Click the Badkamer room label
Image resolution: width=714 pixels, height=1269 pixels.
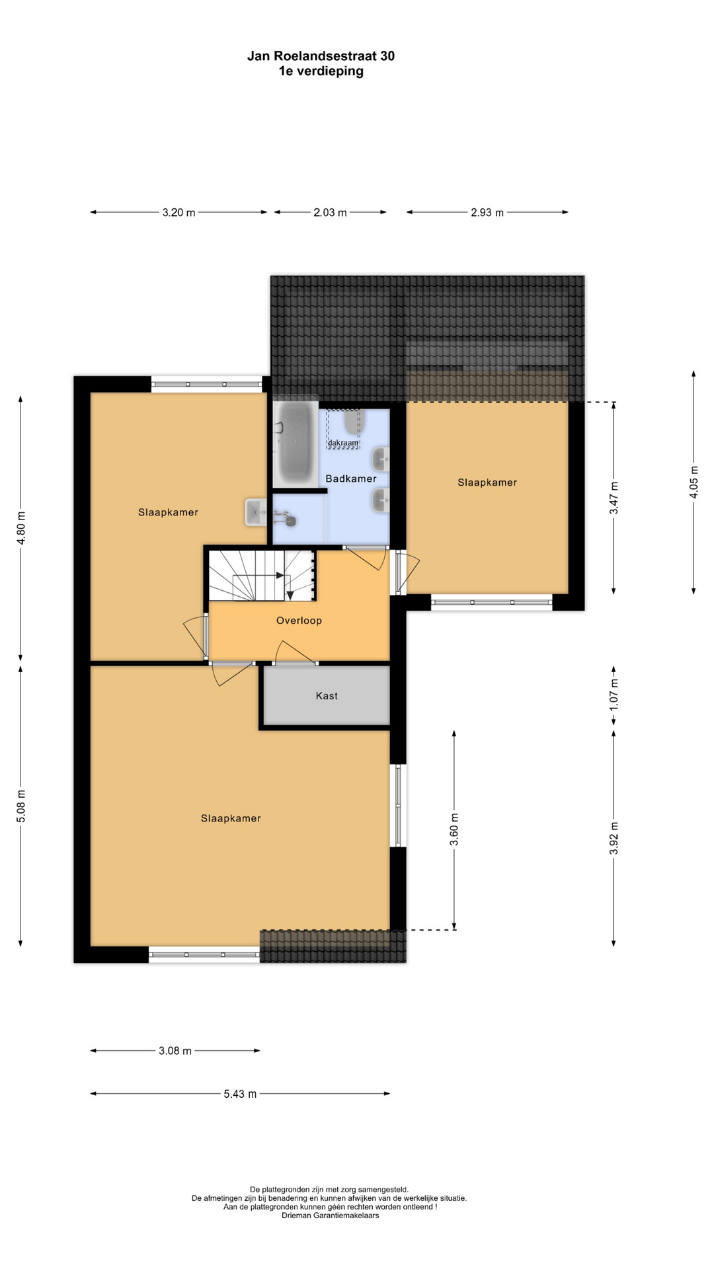point(351,479)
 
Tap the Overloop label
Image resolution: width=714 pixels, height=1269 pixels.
point(299,621)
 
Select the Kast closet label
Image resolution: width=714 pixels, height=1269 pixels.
point(327,695)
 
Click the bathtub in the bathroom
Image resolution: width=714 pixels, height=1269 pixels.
point(296,443)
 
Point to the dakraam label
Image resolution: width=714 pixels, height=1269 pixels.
point(343,443)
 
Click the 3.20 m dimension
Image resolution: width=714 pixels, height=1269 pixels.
point(178,213)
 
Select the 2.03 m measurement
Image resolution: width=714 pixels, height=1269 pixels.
point(330,213)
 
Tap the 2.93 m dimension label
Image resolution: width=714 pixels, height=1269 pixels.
point(487,213)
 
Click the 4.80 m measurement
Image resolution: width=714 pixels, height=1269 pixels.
point(21,529)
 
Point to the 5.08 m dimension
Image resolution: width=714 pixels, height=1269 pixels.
point(21,806)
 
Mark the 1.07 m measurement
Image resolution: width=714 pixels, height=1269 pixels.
point(614,695)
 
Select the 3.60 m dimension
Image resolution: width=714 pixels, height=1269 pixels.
point(454,829)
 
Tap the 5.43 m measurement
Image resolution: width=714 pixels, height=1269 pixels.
point(240,1094)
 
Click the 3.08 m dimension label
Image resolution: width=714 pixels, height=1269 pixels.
point(175,1051)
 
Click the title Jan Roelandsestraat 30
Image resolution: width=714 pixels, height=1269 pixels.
point(321,56)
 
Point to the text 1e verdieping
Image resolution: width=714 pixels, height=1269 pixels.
point(321,71)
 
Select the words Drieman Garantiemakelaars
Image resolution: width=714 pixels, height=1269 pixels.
point(331,1215)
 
